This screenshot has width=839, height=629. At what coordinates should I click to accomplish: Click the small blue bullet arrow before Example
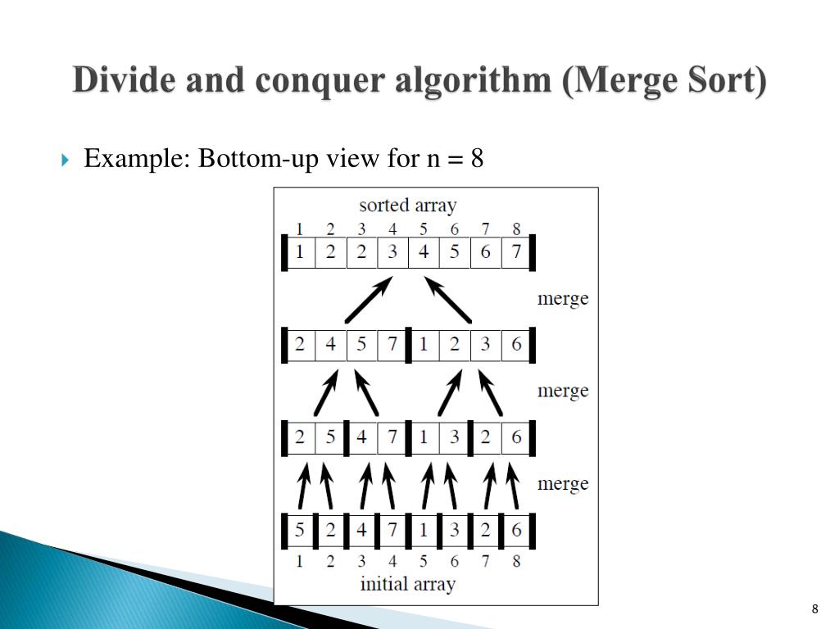point(66,159)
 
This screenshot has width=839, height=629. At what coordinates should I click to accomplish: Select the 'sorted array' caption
point(407,205)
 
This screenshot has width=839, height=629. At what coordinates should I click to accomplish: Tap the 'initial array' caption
point(407,584)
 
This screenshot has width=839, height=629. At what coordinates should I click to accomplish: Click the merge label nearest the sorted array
point(563,298)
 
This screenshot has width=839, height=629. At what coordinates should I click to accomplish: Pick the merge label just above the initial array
point(563,483)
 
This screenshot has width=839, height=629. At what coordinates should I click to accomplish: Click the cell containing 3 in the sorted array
point(392,252)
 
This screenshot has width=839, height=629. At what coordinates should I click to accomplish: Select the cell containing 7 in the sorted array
point(516,252)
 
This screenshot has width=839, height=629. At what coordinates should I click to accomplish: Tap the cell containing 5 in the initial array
point(300,530)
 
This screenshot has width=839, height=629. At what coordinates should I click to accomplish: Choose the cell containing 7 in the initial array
point(392,530)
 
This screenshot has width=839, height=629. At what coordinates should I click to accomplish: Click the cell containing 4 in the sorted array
point(424,252)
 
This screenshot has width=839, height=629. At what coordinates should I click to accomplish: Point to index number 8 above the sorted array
point(516,229)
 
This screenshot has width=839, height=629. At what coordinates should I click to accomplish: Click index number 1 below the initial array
point(300,561)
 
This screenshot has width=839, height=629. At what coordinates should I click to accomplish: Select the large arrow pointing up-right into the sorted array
point(369,299)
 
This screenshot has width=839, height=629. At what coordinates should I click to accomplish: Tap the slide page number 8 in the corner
point(814,609)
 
